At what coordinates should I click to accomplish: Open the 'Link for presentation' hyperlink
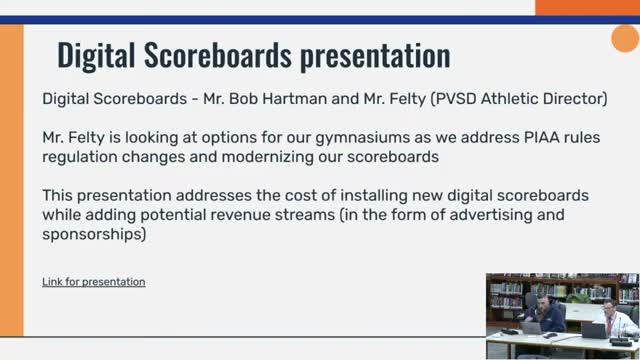coord(93,282)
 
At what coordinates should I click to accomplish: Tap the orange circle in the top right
coord(625,40)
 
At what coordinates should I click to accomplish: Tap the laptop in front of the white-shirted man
coord(594,330)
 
